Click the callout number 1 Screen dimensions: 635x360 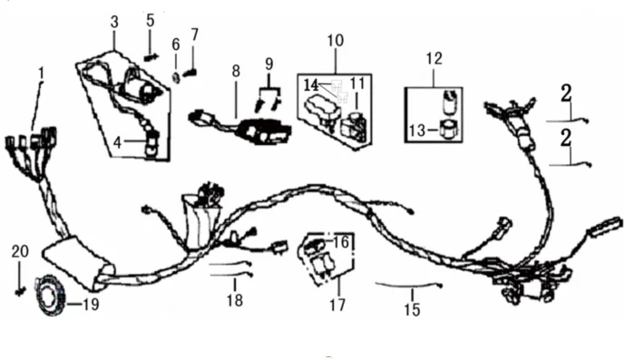coord(42,73)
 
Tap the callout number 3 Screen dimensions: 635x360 coord(114,22)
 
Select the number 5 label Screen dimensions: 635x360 coord(151,20)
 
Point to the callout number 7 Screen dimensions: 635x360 coord(195,34)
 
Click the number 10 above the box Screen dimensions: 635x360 coord(336,40)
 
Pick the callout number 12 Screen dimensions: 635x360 coord(434,58)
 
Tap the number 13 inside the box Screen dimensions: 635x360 coord(417,131)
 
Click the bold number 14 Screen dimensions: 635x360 coord(311,85)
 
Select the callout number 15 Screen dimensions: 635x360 coord(412,310)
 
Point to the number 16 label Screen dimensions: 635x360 coord(341,242)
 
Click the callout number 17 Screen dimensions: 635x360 coord(337,305)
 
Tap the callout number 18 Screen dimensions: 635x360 coord(235,300)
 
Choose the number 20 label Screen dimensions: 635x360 coord(20,251)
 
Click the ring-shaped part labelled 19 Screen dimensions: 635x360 coord(51,295)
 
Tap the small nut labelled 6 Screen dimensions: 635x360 coord(176,76)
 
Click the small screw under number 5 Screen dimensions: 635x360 coord(151,58)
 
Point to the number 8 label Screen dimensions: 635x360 coord(236,72)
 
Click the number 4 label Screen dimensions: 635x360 coord(117,142)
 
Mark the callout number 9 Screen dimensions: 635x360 coord(269,63)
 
